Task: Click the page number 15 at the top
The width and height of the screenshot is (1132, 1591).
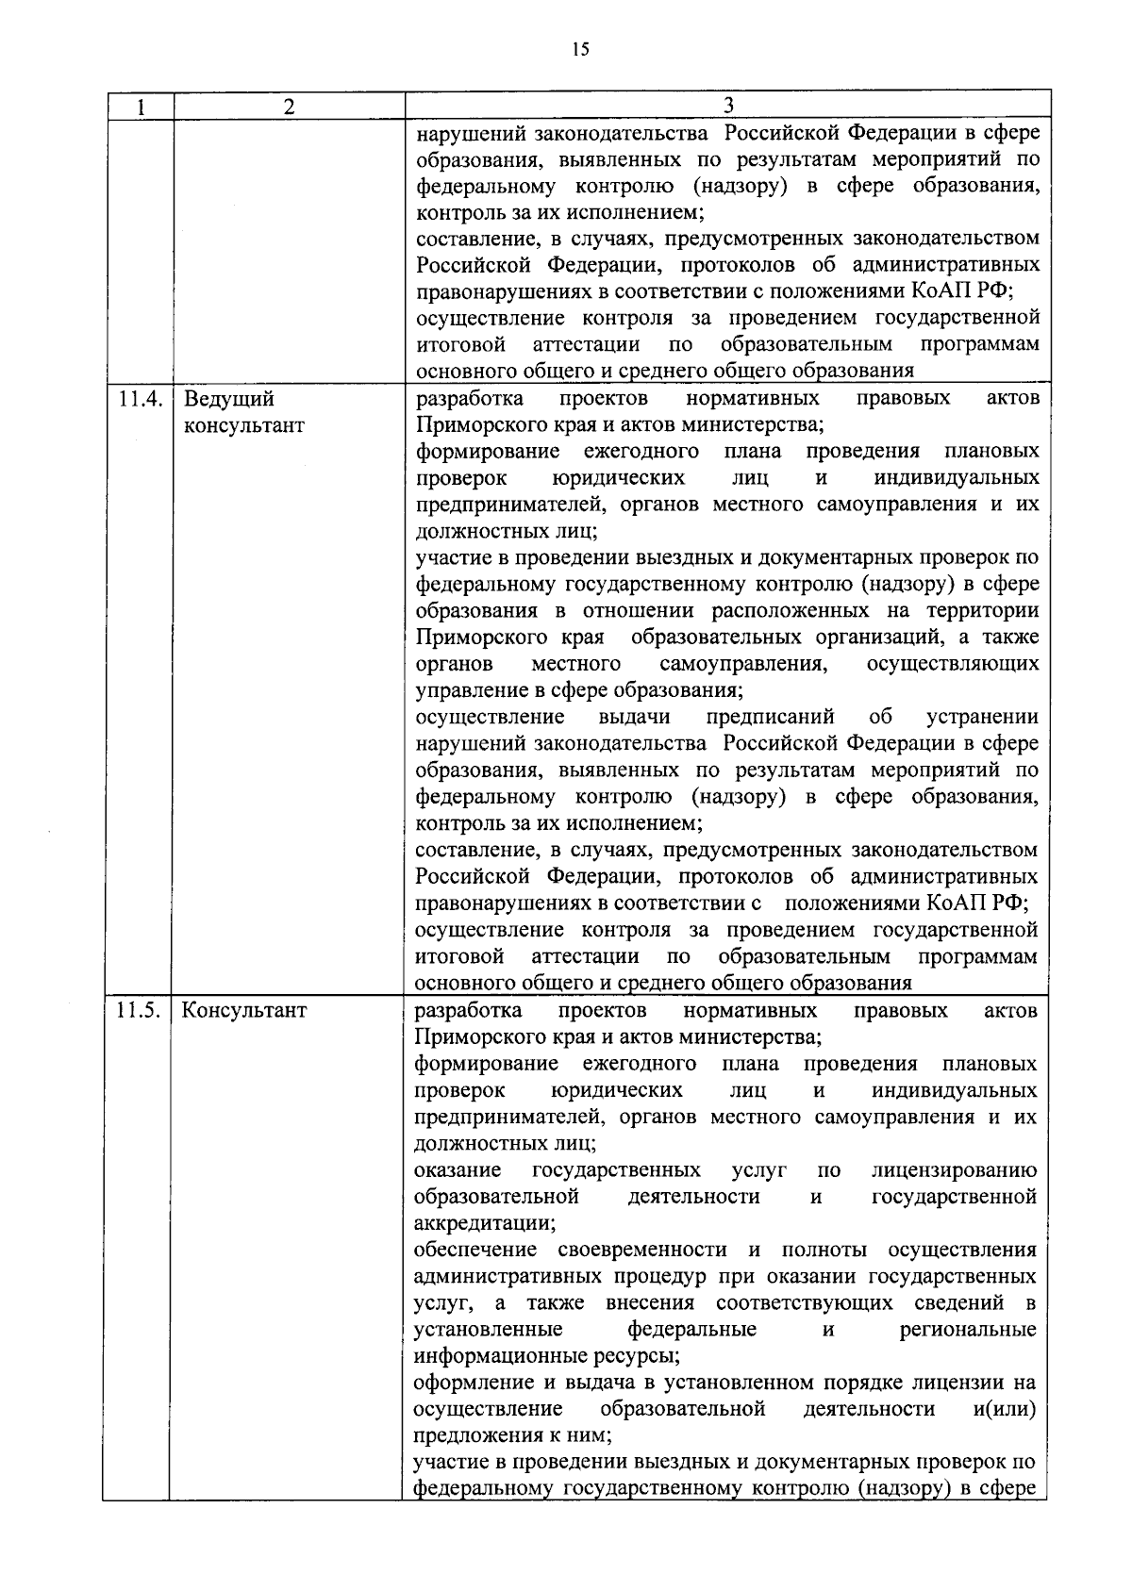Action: pos(580,51)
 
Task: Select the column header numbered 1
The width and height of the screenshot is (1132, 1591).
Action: pos(140,107)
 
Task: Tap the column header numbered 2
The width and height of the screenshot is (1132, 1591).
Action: pos(289,107)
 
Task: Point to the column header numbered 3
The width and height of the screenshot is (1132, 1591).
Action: pos(728,105)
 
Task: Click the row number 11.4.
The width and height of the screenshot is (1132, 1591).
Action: pos(140,399)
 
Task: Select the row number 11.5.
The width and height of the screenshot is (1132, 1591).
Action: pos(139,1011)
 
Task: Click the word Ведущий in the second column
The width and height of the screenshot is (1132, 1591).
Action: pos(229,399)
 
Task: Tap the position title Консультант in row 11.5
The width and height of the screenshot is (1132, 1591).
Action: pos(244,1011)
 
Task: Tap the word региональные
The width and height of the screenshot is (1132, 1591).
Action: pos(968,1330)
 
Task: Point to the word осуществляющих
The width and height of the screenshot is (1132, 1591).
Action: pos(953,664)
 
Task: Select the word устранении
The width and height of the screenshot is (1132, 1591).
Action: pos(982,718)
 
